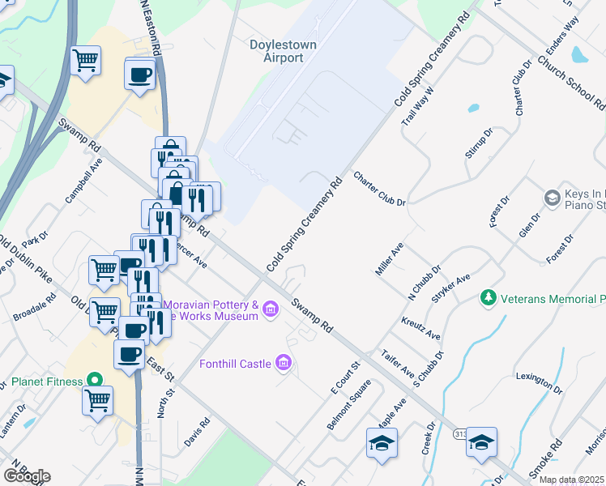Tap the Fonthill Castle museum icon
point(283,362)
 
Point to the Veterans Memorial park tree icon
point(488,299)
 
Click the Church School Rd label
point(571,82)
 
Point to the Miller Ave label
point(390,258)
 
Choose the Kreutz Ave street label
point(420,327)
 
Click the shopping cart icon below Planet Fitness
point(98,399)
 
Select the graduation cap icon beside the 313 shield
point(481,441)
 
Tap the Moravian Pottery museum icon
point(270,309)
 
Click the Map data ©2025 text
point(571,480)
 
